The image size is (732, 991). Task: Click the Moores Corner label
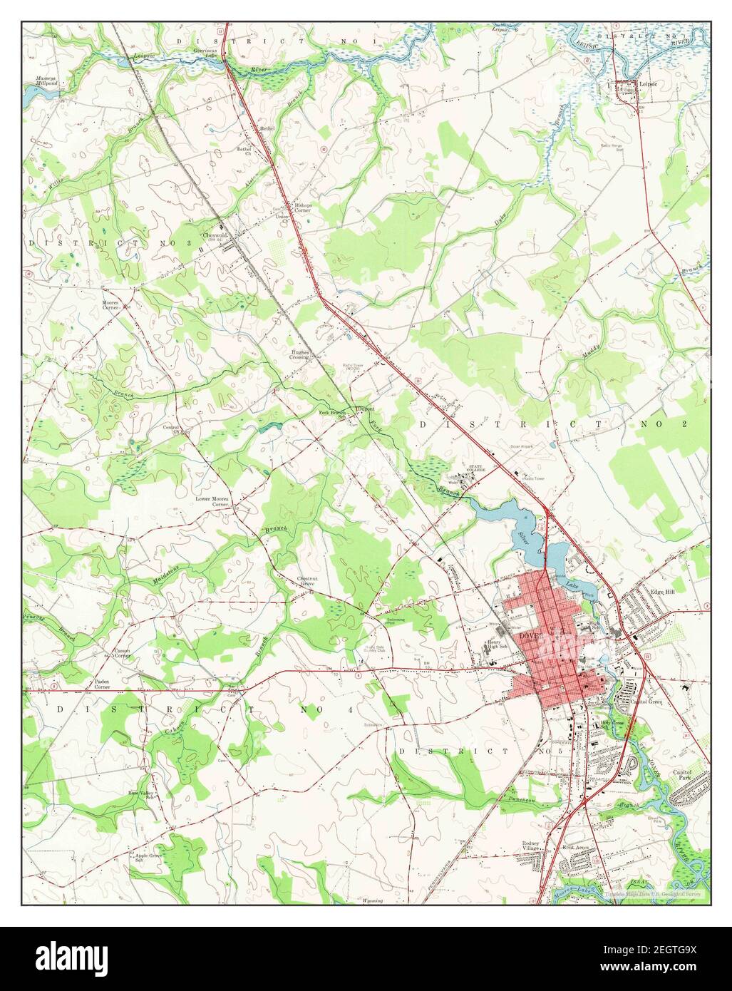[110, 304]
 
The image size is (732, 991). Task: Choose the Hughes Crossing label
[299, 354]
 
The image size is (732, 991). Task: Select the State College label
[476, 468]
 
